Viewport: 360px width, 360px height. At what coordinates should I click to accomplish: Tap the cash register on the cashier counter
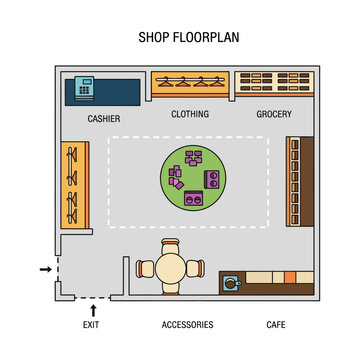pyautogui.click(x=83, y=87)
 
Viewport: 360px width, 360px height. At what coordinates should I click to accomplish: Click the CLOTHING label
pyautogui.click(x=190, y=114)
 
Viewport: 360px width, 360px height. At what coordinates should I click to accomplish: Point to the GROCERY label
pyautogui.click(x=273, y=114)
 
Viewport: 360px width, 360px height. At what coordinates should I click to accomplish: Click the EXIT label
pyautogui.click(x=91, y=325)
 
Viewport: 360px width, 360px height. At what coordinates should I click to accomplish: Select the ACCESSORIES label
pyautogui.click(x=187, y=325)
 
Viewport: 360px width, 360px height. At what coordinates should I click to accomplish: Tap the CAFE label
pyautogui.click(x=275, y=325)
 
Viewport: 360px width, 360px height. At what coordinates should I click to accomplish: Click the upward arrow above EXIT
pyautogui.click(x=92, y=309)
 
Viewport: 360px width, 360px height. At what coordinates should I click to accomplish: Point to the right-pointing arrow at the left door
pyautogui.click(x=44, y=269)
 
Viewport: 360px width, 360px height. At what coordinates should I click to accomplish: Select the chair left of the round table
pyautogui.click(x=145, y=268)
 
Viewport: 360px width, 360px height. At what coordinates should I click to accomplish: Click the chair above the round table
pyautogui.click(x=171, y=245)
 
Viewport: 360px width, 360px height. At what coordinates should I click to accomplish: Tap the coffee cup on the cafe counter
pyautogui.click(x=233, y=282)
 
